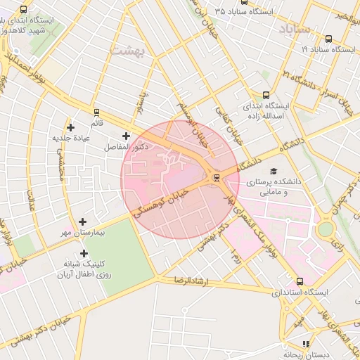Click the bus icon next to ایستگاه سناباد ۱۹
tap(328, 39)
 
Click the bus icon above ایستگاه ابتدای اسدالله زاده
tap(265, 95)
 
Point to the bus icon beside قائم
tap(96, 112)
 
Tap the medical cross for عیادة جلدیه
tap(70, 127)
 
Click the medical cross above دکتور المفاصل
tap(126, 136)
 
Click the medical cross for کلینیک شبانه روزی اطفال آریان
tap(84, 253)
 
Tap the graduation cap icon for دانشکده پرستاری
tap(274, 171)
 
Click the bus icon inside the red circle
tap(216, 177)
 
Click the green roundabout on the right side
tap(325, 229)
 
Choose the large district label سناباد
tap(293, 29)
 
